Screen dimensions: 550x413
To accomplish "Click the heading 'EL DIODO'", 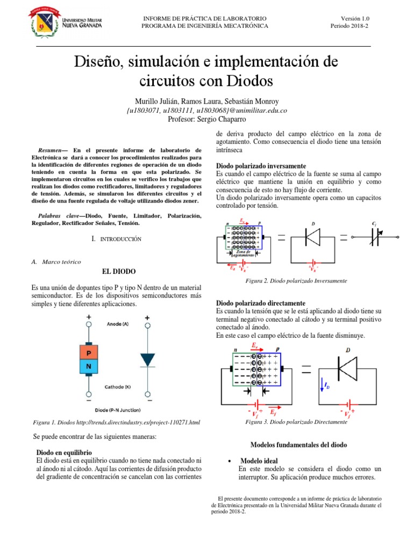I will [x=118, y=271].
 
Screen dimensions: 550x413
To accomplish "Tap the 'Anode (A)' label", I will [x=117, y=324].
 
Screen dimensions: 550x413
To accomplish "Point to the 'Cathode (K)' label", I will [x=120, y=386].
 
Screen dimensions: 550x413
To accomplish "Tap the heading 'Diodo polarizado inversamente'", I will [x=261, y=166].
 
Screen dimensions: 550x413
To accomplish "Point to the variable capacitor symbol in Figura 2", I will [x=374, y=236].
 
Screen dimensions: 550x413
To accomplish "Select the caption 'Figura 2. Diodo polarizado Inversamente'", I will [x=296, y=281].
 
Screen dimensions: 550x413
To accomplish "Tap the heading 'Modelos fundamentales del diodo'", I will [x=299, y=445].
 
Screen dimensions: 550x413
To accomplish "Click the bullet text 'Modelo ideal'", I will [x=259, y=461].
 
